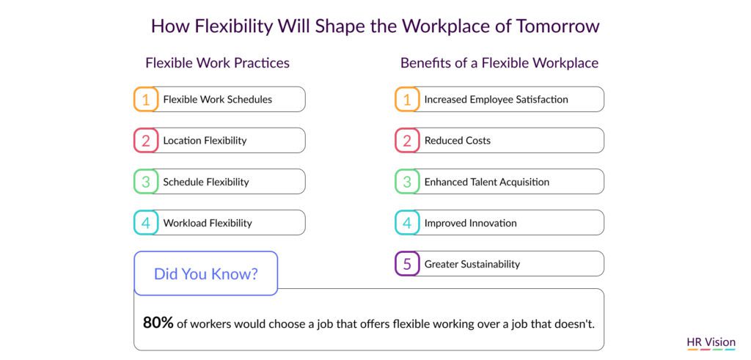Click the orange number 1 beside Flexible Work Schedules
tap(146, 100)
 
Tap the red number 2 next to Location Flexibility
tap(146, 141)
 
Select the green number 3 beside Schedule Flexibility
tap(146, 182)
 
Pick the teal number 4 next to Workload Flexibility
tap(146, 223)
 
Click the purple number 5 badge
tap(407, 264)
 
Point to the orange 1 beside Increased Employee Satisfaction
tap(407, 100)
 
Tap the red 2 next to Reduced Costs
tap(407, 141)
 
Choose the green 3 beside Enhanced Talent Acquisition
tap(407, 182)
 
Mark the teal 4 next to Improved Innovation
tap(407, 223)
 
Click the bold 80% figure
tap(158, 323)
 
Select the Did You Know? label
tap(206, 274)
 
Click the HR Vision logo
tap(711, 343)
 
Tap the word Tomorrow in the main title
tap(557, 26)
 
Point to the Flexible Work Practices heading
tap(217, 63)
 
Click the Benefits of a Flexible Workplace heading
tap(499, 63)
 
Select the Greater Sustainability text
tap(472, 264)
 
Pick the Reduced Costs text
tap(458, 141)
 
